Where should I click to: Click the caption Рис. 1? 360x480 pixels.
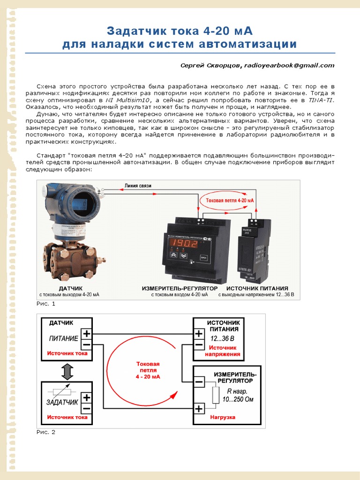(46, 304)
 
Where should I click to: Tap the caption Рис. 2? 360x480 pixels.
(46, 432)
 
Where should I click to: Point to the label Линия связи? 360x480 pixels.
(138, 186)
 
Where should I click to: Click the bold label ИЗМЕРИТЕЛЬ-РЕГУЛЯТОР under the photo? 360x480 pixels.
(180, 288)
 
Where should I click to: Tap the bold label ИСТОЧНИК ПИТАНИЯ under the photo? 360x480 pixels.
(257, 288)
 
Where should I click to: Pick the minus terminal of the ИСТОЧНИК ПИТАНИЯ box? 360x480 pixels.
(199, 345)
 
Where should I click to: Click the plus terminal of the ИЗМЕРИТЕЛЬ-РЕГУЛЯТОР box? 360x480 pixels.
(199, 409)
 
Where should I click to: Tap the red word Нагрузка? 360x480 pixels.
(222, 417)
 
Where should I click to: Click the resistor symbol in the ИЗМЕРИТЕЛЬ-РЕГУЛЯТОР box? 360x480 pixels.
(216, 395)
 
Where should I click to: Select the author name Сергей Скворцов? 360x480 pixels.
(211, 66)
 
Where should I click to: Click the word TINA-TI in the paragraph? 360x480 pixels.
(320, 100)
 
